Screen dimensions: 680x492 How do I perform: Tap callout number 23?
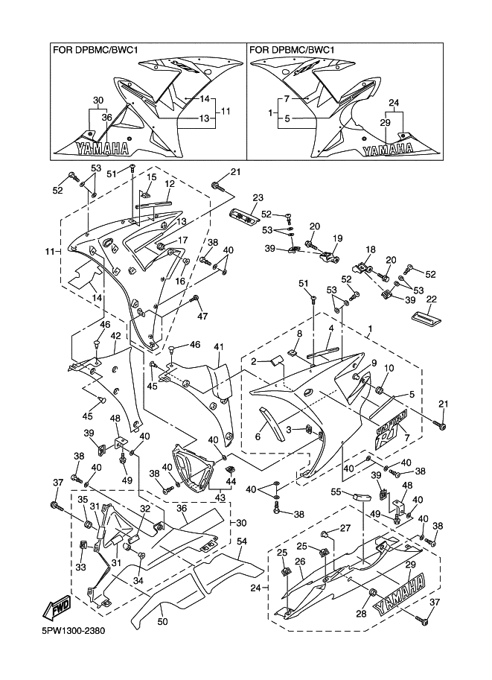(258, 198)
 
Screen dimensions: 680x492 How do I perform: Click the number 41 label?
(219, 348)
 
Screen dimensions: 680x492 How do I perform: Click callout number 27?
(345, 528)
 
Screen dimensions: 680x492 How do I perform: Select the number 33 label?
(81, 566)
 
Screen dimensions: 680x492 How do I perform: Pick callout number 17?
(183, 241)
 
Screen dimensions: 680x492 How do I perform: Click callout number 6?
(258, 437)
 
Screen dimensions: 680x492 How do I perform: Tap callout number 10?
(389, 369)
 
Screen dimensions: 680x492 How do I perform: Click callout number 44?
(231, 482)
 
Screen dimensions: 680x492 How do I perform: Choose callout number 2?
(254, 361)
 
